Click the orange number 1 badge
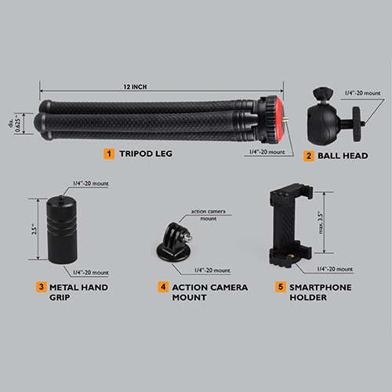pyautogui.click(x=109, y=154)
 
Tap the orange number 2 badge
pyautogui.click(x=309, y=156)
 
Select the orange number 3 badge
pyautogui.click(x=42, y=287)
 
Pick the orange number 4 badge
pyautogui.click(x=163, y=287)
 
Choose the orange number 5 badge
pyautogui.click(x=281, y=287)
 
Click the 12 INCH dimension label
pyautogui.click(x=135, y=87)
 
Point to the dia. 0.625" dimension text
pyautogui.click(x=14, y=123)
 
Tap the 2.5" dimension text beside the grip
pyautogui.click(x=34, y=229)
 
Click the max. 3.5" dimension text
pyautogui.click(x=321, y=223)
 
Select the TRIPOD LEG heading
pyautogui.click(x=146, y=154)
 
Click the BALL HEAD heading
pyautogui.click(x=343, y=156)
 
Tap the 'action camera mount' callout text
pyautogui.click(x=209, y=215)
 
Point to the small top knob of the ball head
pyautogui.click(x=323, y=93)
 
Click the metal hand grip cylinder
pyautogui.click(x=62, y=230)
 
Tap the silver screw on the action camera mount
pyautogui.click(x=188, y=238)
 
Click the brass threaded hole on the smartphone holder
pyautogui.click(x=289, y=257)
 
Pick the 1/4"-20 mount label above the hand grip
pyautogui.click(x=91, y=183)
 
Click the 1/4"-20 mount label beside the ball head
pyautogui.click(x=363, y=93)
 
